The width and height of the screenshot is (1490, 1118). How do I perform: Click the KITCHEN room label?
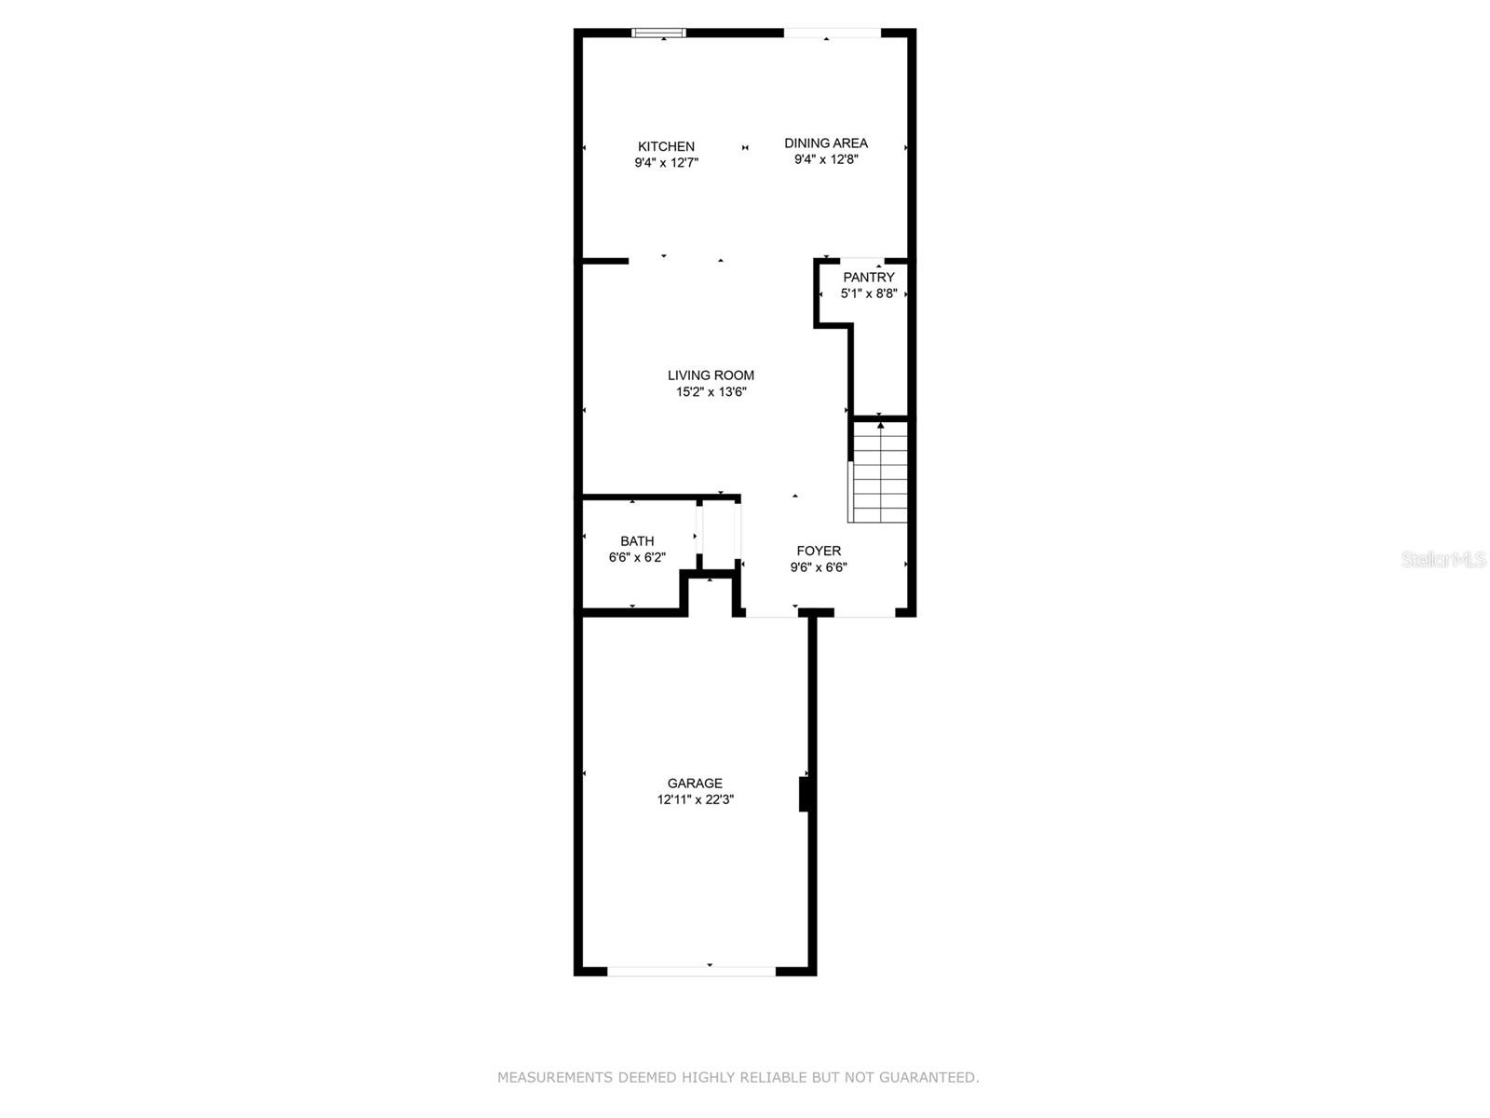tap(666, 146)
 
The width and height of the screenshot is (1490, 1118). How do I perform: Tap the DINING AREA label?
tap(825, 143)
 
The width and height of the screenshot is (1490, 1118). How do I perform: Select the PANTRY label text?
tap(868, 277)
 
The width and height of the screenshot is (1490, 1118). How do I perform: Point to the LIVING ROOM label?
tap(711, 375)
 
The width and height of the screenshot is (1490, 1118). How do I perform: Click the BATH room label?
tap(637, 541)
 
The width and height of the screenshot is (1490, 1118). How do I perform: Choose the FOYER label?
tap(819, 551)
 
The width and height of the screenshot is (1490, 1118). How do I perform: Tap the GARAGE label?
tap(695, 783)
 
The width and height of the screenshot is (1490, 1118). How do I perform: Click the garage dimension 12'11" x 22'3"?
tap(695, 799)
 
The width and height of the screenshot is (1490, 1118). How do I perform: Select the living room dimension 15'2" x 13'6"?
tap(711, 391)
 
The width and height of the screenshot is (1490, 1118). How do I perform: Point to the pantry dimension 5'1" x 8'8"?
tap(869, 293)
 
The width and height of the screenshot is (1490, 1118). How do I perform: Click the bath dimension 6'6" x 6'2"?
tap(637, 558)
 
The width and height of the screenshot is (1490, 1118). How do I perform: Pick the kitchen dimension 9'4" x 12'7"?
tap(666, 163)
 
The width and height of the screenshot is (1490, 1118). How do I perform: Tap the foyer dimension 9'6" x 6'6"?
tap(819, 567)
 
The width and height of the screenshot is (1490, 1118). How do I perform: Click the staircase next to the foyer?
tap(878, 471)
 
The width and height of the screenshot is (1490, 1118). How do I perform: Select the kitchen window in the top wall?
tap(658, 33)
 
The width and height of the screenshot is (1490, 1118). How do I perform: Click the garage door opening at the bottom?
tap(691, 972)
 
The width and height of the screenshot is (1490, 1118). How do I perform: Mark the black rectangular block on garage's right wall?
tap(805, 794)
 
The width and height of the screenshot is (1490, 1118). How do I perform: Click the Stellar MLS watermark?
tap(1443, 560)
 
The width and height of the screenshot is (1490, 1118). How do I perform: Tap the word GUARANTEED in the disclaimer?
tap(928, 1077)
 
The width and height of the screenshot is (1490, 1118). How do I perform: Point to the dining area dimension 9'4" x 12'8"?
tap(826, 159)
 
